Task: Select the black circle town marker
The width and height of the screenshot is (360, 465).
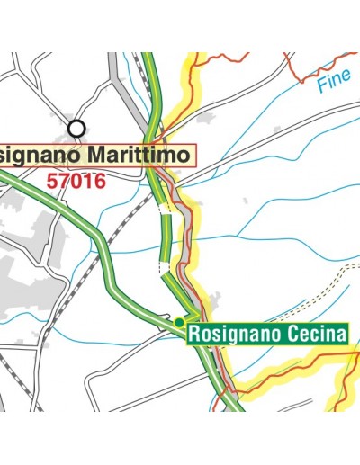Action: point(77,129)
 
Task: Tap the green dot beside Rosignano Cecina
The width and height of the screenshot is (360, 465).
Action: point(179,322)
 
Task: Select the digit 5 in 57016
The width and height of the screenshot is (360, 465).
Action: point(51,181)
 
